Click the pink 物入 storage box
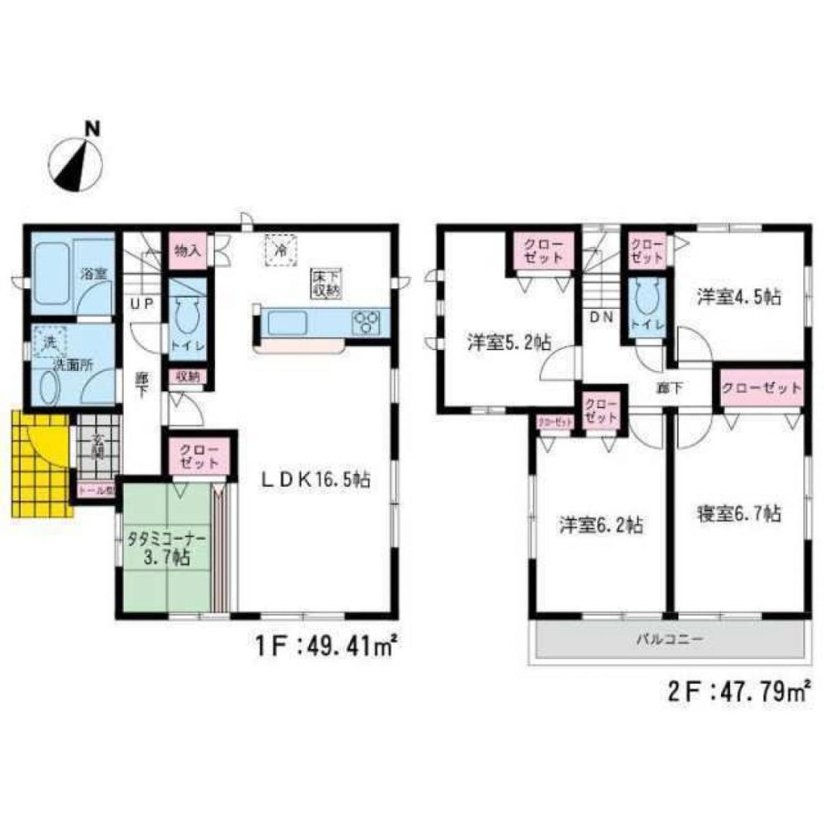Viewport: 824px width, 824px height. [186, 250]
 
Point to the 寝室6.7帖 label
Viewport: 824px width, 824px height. [738, 514]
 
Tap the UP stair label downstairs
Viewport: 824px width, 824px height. [141, 304]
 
